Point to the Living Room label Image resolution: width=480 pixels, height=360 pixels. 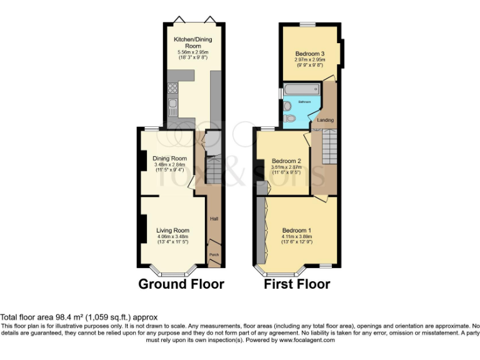pyautogui.click(x=172, y=231)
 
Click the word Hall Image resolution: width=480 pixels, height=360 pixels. pyautogui.click(x=214, y=219)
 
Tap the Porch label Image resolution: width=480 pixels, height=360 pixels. pyautogui.click(x=214, y=254)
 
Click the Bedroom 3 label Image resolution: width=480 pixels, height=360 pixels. pyautogui.click(x=310, y=54)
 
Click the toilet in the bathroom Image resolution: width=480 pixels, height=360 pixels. pyautogui.click(x=288, y=117)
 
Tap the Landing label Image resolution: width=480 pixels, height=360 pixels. pyautogui.click(x=326, y=120)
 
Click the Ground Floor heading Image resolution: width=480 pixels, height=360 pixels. pyautogui.click(x=181, y=284)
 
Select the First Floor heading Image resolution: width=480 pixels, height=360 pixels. pyautogui.click(x=297, y=284)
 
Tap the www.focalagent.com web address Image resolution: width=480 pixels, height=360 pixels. pyautogui.click(x=306, y=341)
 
